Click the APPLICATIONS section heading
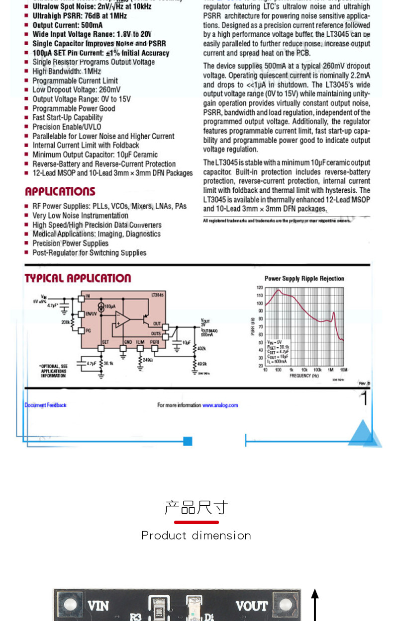click(60, 192)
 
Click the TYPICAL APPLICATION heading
click(78, 278)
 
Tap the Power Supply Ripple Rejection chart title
click(304, 279)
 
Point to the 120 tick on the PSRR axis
click(259, 288)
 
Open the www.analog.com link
click(220, 405)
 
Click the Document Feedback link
click(45, 405)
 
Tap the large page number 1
click(365, 398)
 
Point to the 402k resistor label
click(201, 349)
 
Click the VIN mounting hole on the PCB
click(70, 605)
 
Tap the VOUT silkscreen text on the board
click(251, 606)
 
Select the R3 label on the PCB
click(135, 617)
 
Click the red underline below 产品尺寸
click(196, 522)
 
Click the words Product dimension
click(196, 536)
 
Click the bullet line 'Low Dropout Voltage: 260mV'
click(76, 90)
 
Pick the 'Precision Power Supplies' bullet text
click(70, 243)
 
